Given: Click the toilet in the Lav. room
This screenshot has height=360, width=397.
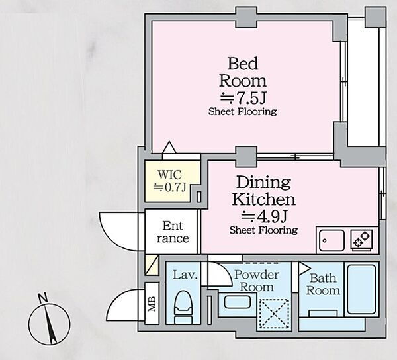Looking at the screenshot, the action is (183, 307).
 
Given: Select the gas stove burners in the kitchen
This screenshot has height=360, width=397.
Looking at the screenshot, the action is (361, 240).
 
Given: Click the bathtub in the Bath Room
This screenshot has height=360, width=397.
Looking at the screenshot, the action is (361, 289).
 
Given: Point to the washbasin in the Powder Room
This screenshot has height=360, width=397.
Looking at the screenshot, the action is (238, 302).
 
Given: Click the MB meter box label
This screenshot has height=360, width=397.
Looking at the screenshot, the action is (152, 303).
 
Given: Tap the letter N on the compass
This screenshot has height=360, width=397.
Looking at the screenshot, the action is (42, 298).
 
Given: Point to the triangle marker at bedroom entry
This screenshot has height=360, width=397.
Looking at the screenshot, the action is (169, 147).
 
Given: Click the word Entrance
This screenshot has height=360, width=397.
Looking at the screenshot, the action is (173, 232).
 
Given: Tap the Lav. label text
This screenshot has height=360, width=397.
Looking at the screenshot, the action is (185, 275).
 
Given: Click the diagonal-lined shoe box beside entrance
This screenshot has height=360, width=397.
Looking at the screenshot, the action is (152, 265).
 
